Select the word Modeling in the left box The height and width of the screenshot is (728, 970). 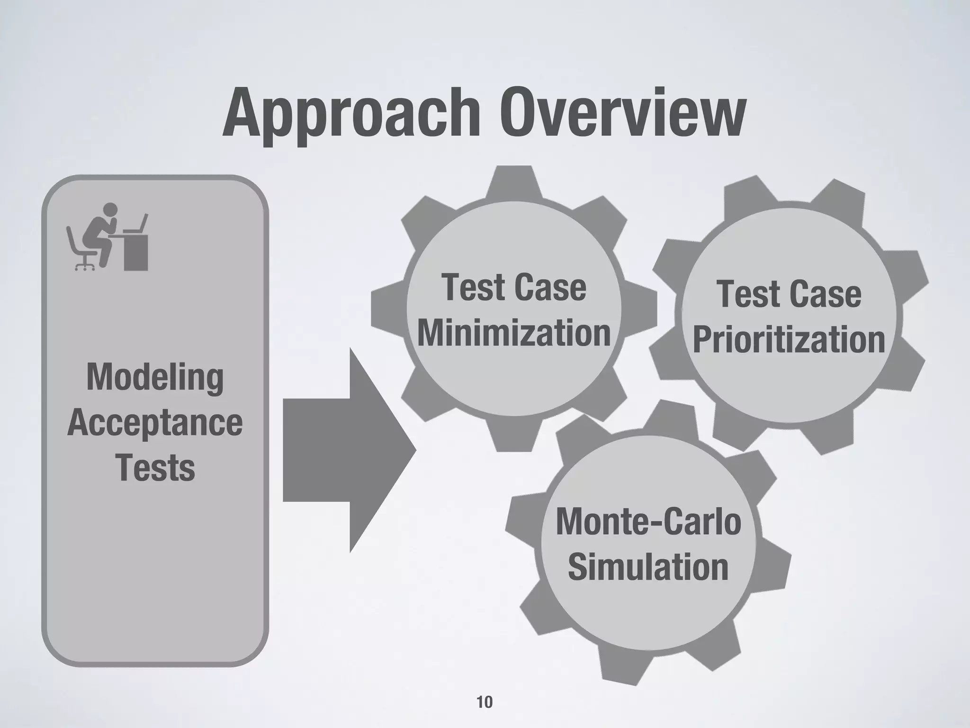(x=155, y=378)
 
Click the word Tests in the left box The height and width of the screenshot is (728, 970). (x=155, y=468)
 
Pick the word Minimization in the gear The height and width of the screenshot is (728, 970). (x=514, y=333)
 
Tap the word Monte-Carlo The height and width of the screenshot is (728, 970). (x=648, y=521)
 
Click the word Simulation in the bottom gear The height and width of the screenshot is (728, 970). (x=648, y=567)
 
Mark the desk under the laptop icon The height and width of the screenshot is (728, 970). (x=136, y=251)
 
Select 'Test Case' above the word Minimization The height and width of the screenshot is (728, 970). (x=514, y=288)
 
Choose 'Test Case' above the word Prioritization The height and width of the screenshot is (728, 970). (x=789, y=294)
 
